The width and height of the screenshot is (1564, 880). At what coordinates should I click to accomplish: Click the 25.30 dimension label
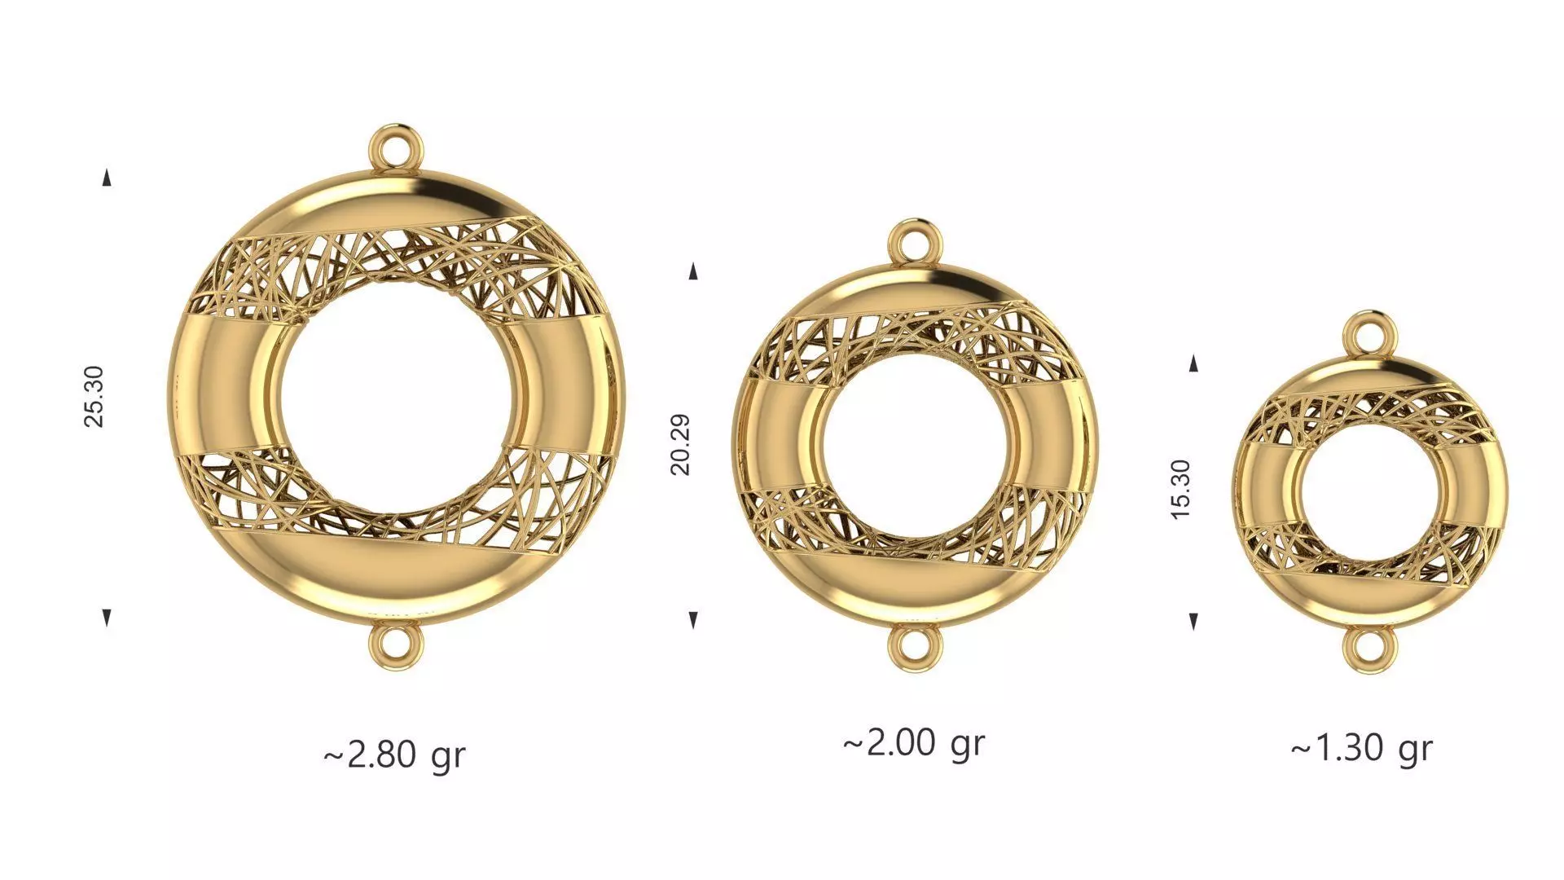(x=94, y=397)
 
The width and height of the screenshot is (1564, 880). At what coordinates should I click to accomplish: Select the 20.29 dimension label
(x=680, y=444)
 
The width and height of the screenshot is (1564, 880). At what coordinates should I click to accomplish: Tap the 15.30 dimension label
(x=1180, y=490)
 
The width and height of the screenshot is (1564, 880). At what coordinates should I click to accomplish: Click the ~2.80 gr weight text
(x=395, y=755)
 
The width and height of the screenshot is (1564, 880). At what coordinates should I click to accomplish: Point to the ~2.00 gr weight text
(x=914, y=743)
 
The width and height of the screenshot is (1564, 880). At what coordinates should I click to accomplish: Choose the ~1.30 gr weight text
(x=1361, y=747)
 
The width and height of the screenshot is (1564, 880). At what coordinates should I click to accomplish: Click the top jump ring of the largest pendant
(x=397, y=148)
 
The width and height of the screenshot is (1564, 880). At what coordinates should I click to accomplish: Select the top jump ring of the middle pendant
(x=916, y=243)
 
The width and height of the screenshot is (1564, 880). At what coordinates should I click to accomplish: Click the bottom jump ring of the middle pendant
(x=915, y=649)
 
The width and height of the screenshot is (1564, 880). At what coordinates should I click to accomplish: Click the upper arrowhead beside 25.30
(x=107, y=178)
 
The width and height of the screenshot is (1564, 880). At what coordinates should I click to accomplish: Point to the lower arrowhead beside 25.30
(x=107, y=617)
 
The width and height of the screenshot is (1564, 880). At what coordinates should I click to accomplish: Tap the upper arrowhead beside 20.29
(x=693, y=271)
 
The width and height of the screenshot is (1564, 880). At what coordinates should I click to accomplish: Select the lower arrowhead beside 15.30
(x=1193, y=622)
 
